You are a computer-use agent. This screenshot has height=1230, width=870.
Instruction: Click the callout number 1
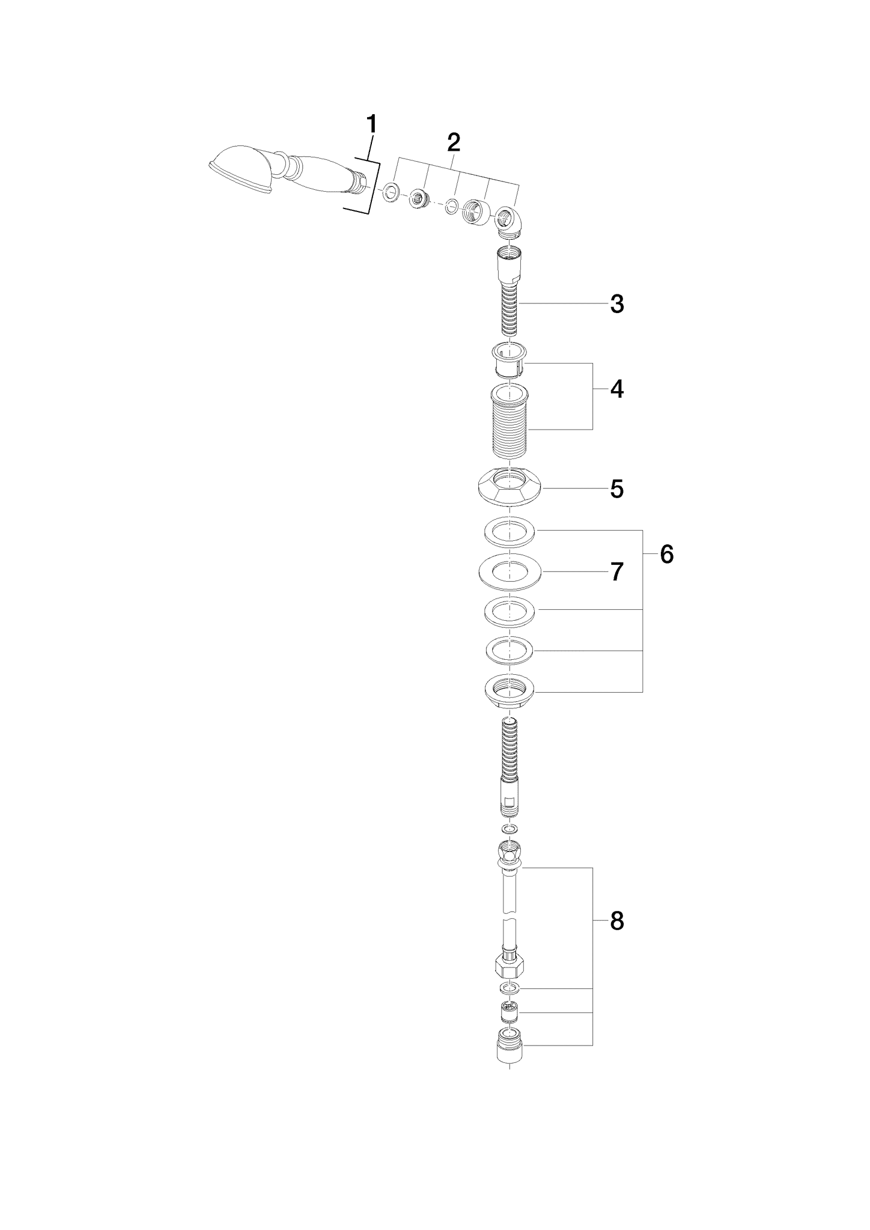[x=372, y=124]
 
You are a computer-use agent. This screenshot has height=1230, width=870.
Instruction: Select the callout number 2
[x=454, y=142]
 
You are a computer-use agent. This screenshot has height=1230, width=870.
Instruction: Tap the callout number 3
[x=617, y=305]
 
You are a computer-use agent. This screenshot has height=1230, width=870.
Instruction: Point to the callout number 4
[x=617, y=390]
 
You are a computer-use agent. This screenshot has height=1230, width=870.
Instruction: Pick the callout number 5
[x=617, y=489]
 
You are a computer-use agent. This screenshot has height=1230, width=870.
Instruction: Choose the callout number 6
[x=667, y=555]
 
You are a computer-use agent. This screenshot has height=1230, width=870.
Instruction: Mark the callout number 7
[x=617, y=572]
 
